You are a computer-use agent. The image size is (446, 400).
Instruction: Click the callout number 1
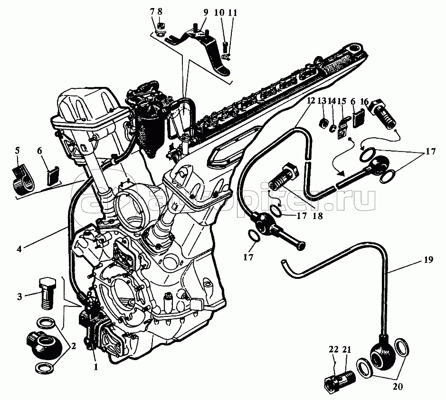tap(96, 367)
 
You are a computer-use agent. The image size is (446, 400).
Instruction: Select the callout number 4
tap(19, 249)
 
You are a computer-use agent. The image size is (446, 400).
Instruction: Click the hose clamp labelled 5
tap(23, 180)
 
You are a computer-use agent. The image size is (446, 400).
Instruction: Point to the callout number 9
tap(206, 12)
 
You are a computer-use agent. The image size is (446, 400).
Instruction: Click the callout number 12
tap(311, 101)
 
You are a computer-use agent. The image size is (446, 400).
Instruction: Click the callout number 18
tap(318, 216)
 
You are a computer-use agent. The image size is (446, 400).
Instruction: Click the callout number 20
tap(398, 387)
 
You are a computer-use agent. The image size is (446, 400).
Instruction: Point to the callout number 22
tap(333, 350)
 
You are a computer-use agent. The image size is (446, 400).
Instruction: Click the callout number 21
tap(347, 350)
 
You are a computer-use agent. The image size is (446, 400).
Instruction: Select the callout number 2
tap(74, 346)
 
